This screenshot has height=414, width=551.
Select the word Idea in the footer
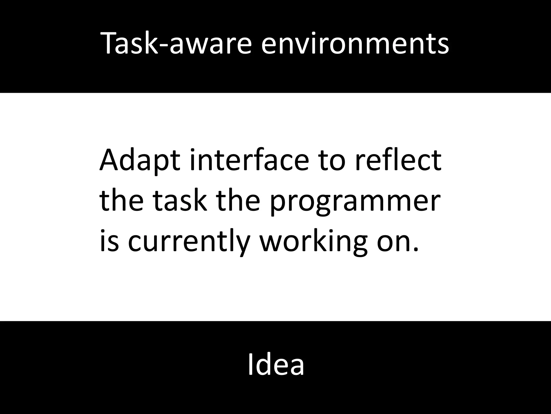tap(276, 364)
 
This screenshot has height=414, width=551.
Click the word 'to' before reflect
tap(332, 160)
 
